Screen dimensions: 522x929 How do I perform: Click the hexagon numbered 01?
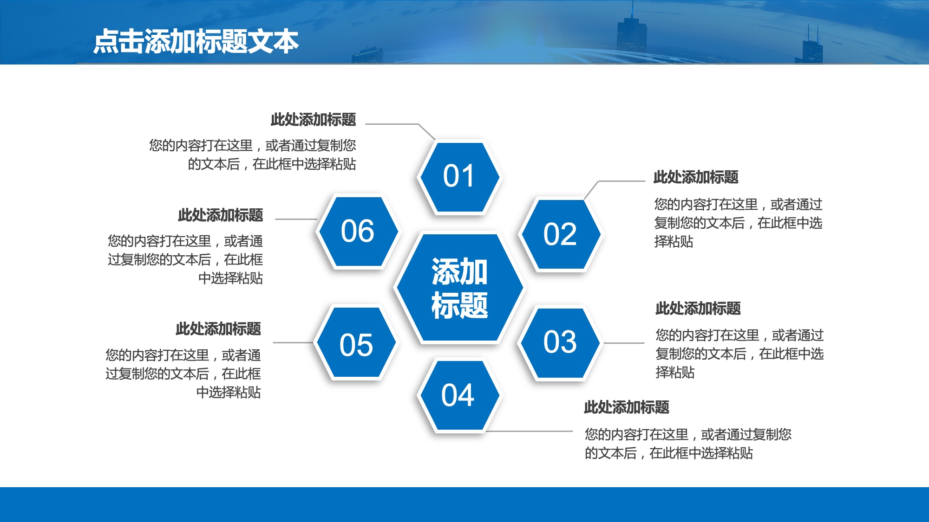coord(458,177)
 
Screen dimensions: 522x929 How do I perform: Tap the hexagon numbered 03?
coord(560,342)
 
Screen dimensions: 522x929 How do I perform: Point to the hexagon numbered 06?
coord(358,231)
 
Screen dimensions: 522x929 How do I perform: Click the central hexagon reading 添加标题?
coord(459,288)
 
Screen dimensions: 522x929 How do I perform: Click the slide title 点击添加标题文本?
coord(196,41)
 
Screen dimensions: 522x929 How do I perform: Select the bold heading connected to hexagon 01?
coord(313,120)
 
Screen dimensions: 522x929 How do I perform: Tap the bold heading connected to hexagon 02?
coord(695,177)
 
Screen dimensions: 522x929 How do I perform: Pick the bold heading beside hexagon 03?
coord(698,309)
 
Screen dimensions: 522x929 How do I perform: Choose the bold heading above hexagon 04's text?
coord(626,407)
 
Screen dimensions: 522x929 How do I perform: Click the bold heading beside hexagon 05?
coord(218,329)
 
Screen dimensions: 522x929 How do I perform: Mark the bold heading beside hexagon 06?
coord(220,215)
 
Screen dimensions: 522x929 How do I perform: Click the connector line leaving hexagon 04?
coord(530,431)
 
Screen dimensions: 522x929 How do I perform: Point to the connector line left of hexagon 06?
coord(296,219)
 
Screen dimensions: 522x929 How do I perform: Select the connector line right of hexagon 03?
coord(623,343)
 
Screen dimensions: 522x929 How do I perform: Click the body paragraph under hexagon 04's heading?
coord(687,444)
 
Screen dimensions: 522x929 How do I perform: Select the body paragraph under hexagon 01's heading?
coord(253,155)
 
